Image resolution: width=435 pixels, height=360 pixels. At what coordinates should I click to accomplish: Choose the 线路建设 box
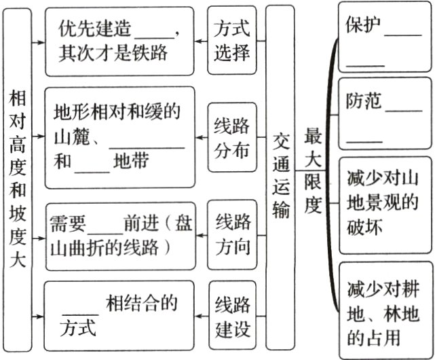pos(233,316)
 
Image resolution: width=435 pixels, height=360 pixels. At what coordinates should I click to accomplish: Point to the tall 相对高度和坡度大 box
pos(18,180)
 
